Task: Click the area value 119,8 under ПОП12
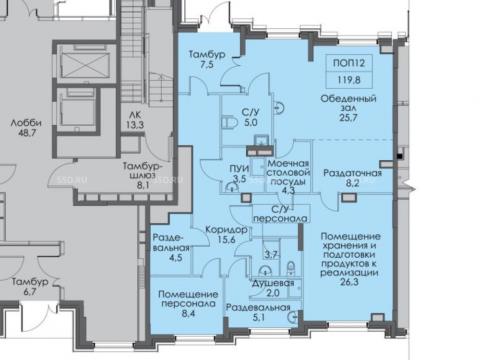(x=349, y=80)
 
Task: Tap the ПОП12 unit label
(x=349, y=63)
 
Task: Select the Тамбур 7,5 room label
(x=207, y=60)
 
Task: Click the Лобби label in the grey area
(x=26, y=123)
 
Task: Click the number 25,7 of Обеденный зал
(x=348, y=117)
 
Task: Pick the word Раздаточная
(x=353, y=173)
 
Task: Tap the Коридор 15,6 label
(x=226, y=234)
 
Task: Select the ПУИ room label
(x=240, y=168)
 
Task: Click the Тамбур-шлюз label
(x=143, y=171)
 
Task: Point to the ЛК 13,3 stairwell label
(x=135, y=120)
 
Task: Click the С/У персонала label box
(x=281, y=214)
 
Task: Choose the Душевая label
(x=273, y=284)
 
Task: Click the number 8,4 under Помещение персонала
(x=188, y=313)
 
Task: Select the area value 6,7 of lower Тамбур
(x=30, y=292)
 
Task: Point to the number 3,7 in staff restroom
(x=270, y=254)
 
